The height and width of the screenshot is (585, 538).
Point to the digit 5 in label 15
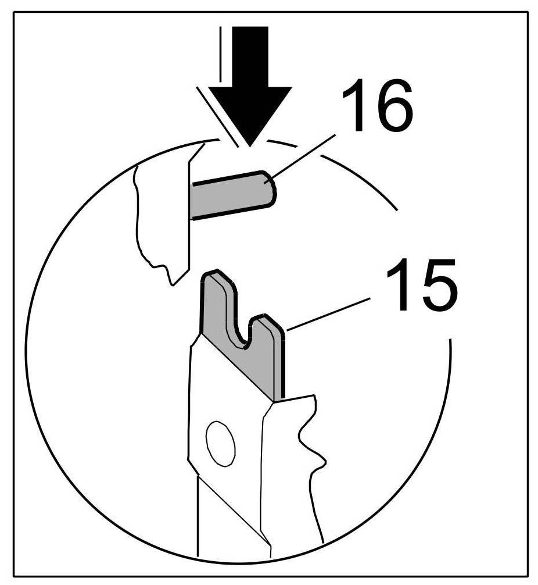point(429,288)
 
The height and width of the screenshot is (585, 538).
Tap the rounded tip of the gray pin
point(269,187)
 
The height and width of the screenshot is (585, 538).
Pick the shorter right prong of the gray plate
point(272,343)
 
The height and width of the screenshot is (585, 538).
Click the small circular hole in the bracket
point(221,443)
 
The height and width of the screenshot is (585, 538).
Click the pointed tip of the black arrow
point(248,144)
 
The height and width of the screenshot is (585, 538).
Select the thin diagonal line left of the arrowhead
point(218,116)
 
